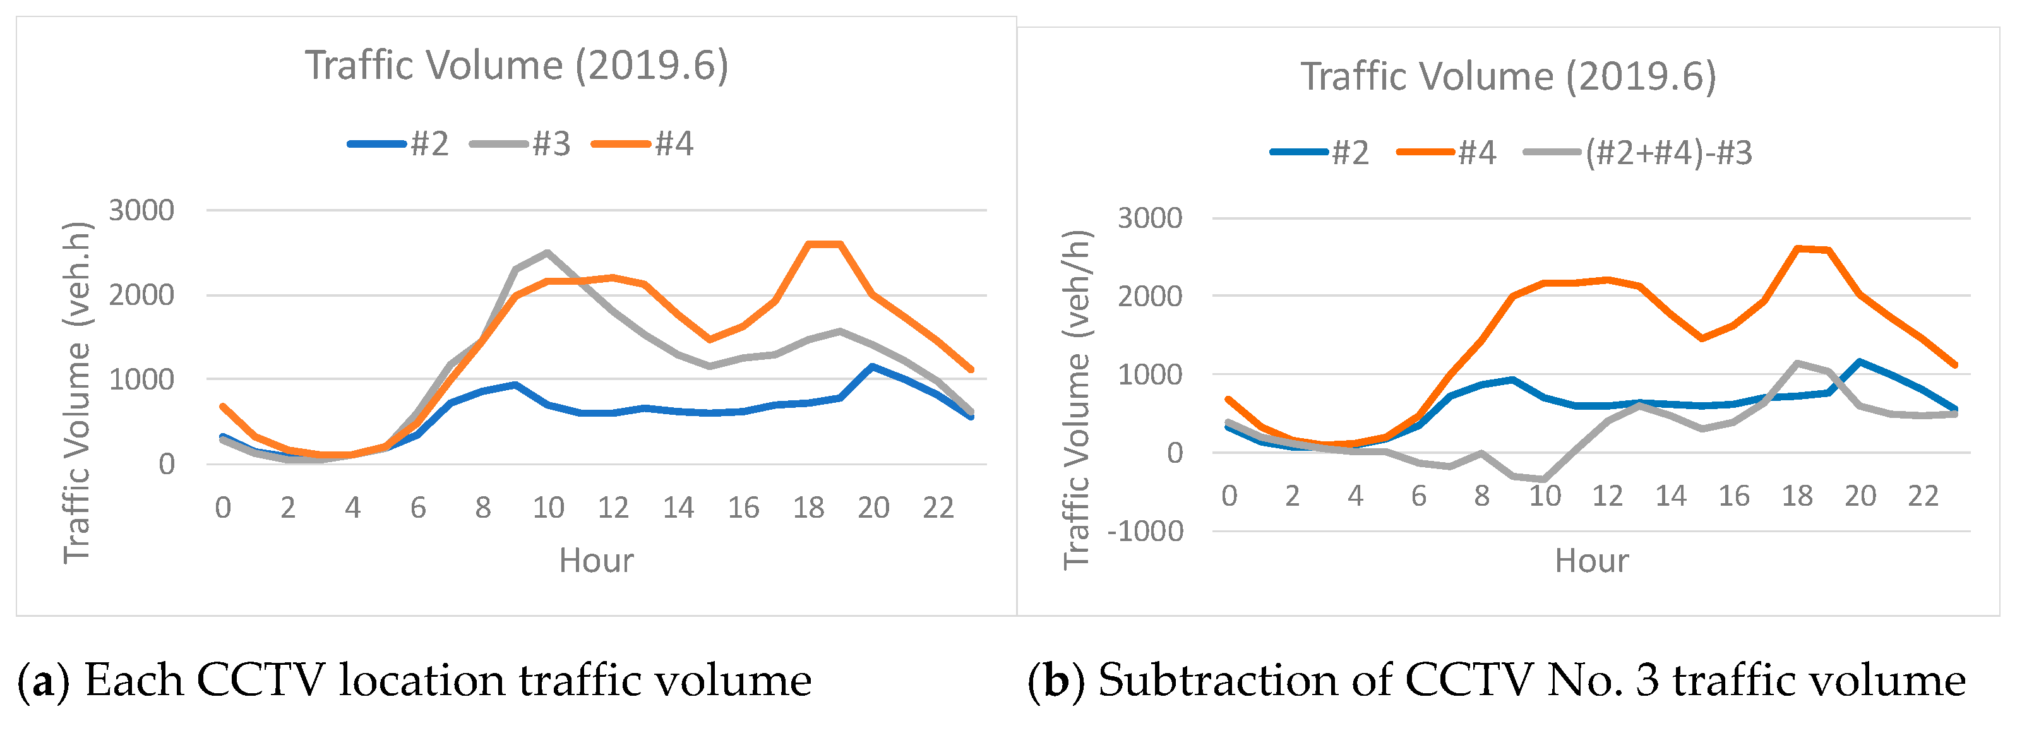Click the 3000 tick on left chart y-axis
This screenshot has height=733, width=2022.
141,210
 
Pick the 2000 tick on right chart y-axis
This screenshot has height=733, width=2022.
1149,297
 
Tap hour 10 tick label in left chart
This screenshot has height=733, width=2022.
548,508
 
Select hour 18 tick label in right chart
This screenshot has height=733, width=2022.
1797,496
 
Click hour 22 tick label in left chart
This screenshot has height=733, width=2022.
938,508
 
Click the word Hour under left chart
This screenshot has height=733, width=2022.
595,561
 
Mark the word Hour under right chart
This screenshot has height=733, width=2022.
1591,561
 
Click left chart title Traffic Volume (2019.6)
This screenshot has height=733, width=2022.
517,65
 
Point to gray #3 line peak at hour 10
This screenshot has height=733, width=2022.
547,253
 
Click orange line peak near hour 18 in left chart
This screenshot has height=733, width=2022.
824,244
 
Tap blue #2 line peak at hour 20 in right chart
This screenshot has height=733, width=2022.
1860,362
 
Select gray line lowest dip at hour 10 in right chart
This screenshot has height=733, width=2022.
1544,479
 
